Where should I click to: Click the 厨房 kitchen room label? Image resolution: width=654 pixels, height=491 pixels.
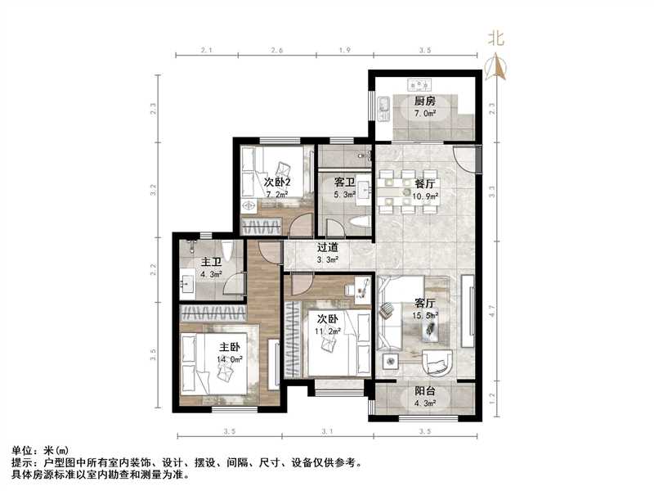click(423, 101)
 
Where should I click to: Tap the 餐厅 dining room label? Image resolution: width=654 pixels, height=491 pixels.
click(424, 184)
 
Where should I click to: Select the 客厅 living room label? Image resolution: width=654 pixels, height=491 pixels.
click(424, 302)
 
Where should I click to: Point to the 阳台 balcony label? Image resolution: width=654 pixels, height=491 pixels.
click(424, 390)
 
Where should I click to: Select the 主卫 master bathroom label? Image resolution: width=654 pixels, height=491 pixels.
click(211, 263)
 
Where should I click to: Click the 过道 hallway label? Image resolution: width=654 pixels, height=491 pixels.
click(329, 247)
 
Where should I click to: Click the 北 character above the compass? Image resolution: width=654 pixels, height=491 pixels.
click(495, 37)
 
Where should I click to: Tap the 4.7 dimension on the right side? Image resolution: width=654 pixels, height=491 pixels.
click(491, 310)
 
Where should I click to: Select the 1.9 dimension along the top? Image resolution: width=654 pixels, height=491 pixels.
click(344, 52)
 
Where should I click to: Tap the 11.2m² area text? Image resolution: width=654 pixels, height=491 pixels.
click(329, 331)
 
